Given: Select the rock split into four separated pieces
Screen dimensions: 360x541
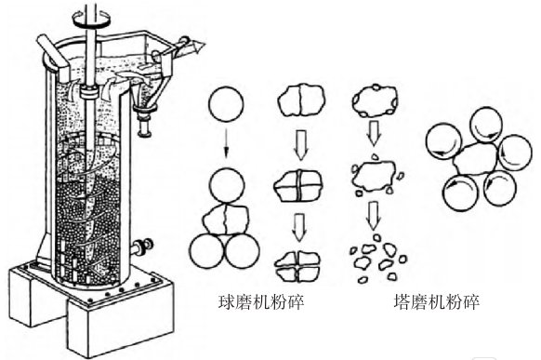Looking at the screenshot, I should tap(300, 263).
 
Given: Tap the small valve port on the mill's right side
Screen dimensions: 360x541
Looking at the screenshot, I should tap(144, 247).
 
